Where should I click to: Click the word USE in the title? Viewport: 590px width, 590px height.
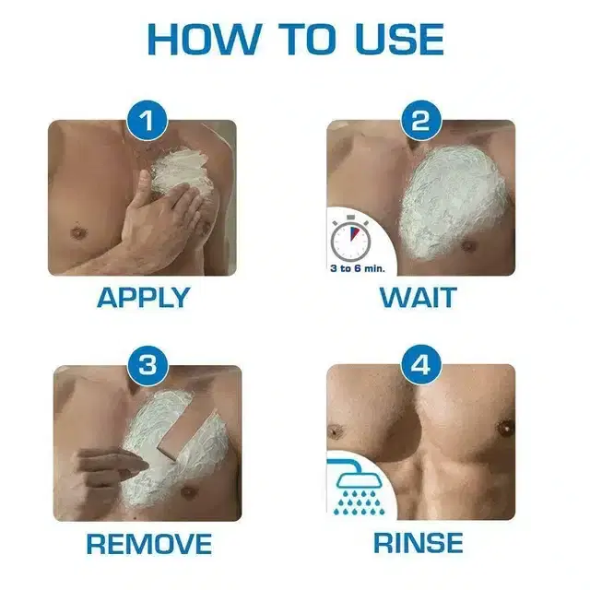click(x=399, y=40)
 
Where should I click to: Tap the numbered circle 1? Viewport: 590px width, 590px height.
click(x=147, y=121)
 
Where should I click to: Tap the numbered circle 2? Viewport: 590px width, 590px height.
click(x=420, y=121)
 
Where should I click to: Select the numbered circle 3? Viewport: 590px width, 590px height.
click(x=147, y=365)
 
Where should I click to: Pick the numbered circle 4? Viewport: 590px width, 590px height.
click(x=420, y=364)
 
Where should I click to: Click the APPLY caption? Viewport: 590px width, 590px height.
click(x=143, y=297)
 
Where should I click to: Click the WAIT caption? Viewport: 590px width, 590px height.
click(x=419, y=297)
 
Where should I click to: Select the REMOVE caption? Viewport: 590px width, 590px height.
click(x=149, y=544)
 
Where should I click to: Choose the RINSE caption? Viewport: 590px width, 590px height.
click(x=418, y=543)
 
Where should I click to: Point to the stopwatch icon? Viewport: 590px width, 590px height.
click(x=350, y=239)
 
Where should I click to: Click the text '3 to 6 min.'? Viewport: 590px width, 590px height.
click(x=358, y=268)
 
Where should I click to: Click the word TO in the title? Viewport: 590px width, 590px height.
click(x=308, y=40)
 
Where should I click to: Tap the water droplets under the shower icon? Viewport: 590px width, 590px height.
click(x=360, y=502)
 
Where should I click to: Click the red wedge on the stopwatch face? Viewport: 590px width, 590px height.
click(x=353, y=233)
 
